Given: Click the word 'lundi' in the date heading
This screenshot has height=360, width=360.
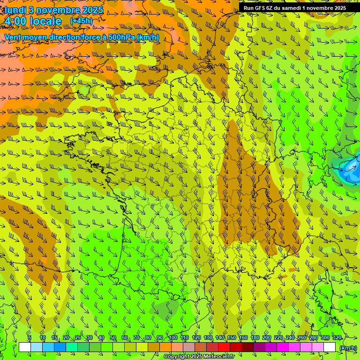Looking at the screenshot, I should coord(15,9).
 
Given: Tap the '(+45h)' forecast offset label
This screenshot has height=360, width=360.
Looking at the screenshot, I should coord(81,21).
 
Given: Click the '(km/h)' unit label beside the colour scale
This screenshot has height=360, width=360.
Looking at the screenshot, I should coord(347,347).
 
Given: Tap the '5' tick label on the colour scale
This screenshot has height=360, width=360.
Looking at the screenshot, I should coord(30,337).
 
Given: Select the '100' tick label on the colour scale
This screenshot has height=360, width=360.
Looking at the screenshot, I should coord(173,337).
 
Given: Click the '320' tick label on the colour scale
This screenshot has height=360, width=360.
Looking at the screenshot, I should coord(337,337).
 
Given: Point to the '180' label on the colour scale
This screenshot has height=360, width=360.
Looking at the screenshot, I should coord(255,337).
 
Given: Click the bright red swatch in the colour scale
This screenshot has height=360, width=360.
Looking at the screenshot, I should coord(224,347).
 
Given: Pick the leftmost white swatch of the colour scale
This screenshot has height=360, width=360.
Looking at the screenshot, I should coord(25,347).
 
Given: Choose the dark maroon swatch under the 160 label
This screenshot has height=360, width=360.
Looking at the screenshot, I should coord(247,347).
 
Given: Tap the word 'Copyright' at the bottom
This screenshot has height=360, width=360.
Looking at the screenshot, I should coord(177,357).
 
